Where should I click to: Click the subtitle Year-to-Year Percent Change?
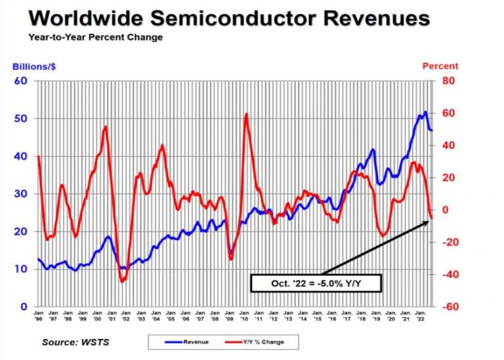pos(95,37)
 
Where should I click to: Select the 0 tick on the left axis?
pos(23,307)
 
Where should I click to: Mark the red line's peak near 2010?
pos(246,114)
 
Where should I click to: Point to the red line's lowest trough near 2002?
pos(122,281)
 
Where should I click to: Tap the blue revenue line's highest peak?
pos(425,111)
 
